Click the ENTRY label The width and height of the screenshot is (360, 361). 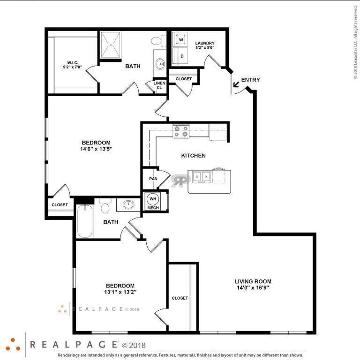point(250,80)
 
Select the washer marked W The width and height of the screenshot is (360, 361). point(181,40)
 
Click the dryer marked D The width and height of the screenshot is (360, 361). point(181,56)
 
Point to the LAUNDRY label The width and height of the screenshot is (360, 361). point(205,43)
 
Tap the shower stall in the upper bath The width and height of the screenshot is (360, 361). point(111,45)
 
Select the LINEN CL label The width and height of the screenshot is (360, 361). point(159,85)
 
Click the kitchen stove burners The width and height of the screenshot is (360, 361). point(180,132)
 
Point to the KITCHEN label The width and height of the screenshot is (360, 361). point(194,156)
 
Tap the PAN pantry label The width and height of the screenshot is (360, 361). point(153,179)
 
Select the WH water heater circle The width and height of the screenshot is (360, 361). point(153,198)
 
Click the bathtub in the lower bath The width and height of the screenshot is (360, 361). point(85,222)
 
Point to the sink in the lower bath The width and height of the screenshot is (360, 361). point(128,204)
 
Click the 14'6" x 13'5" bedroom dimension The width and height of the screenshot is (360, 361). point(96,149)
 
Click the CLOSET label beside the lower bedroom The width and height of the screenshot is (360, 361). point(180,298)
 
